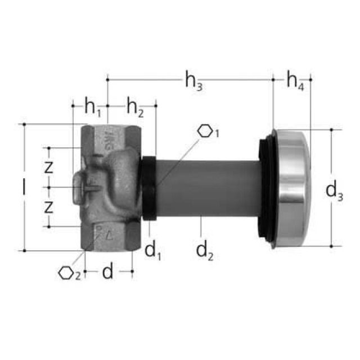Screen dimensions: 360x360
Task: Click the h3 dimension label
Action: click(x=194, y=82)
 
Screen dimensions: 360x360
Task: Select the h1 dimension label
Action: click(x=93, y=106)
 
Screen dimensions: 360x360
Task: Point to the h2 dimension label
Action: click(x=135, y=106)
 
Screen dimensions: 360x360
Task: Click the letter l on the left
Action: click(x=24, y=187)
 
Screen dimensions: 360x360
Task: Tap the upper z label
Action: click(x=49, y=167)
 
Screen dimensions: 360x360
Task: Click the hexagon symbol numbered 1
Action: click(x=208, y=132)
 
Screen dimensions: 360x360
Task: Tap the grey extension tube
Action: click(x=208, y=187)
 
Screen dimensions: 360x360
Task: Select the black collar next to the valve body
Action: click(x=148, y=188)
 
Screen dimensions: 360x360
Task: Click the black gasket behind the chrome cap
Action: click(x=265, y=188)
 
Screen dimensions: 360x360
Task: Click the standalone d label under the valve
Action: click(x=108, y=272)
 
